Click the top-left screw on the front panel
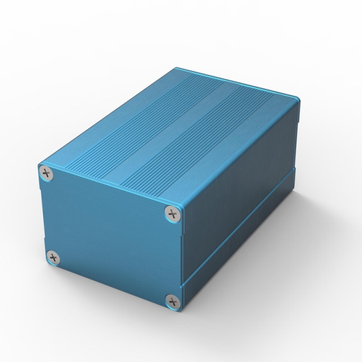tap(47, 173)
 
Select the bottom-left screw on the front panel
tap(54, 258)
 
